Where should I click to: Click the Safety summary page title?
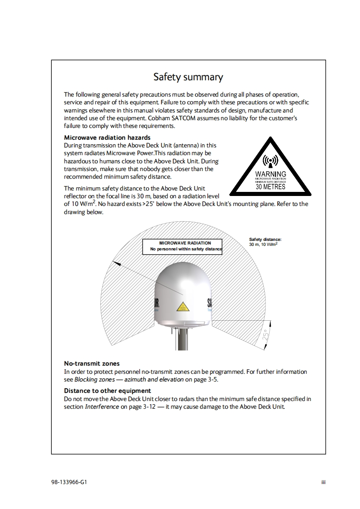pyautogui.click(x=188, y=77)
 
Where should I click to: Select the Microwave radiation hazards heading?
pyautogui.click(x=107, y=137)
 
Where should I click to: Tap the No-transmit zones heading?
pyautogui.click(x=92, y=363)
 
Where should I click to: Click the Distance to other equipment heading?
pyautogui.click(x=108, y=391)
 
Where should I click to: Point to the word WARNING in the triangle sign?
pyautogui.click(x=271, y=174)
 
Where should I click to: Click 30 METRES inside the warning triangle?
pyautogui.click(x=271, y=186)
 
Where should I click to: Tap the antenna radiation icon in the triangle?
pyautogui.click(x=271, y=161)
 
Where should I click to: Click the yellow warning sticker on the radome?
pyautogui.click(x=182, y=307)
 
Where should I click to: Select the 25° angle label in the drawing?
pyautogui.click(x=266, y=336)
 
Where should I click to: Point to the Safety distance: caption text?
pyautogui.click(x=266, y=240)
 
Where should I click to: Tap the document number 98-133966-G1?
pyautogui.click(x=69, y=482)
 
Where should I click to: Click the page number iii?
pyautogui.click(x=323, y=482)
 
